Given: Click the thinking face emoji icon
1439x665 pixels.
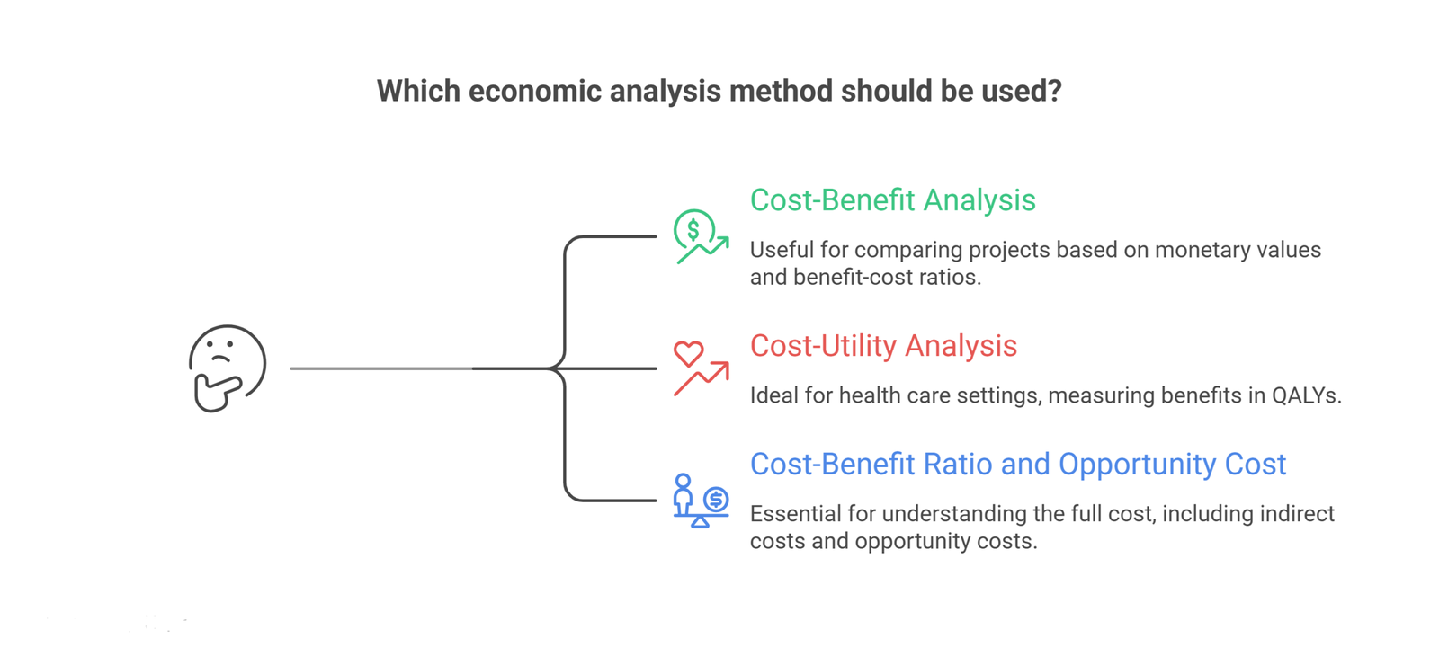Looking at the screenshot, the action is [228, 368].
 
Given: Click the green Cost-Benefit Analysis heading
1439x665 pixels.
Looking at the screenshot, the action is [892, 200].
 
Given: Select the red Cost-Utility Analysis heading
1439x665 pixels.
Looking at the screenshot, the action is [883, 346].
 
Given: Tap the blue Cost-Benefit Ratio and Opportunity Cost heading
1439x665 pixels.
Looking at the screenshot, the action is [1017, 464].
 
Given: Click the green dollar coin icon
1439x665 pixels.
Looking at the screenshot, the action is [693, 229].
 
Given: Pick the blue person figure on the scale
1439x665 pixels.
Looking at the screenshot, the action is [683, 493].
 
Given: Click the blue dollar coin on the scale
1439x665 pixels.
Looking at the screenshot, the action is [715, 499].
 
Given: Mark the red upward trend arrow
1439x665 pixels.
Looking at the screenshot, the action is [702, 378].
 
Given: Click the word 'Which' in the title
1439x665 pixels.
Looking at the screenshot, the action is [418, 91].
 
